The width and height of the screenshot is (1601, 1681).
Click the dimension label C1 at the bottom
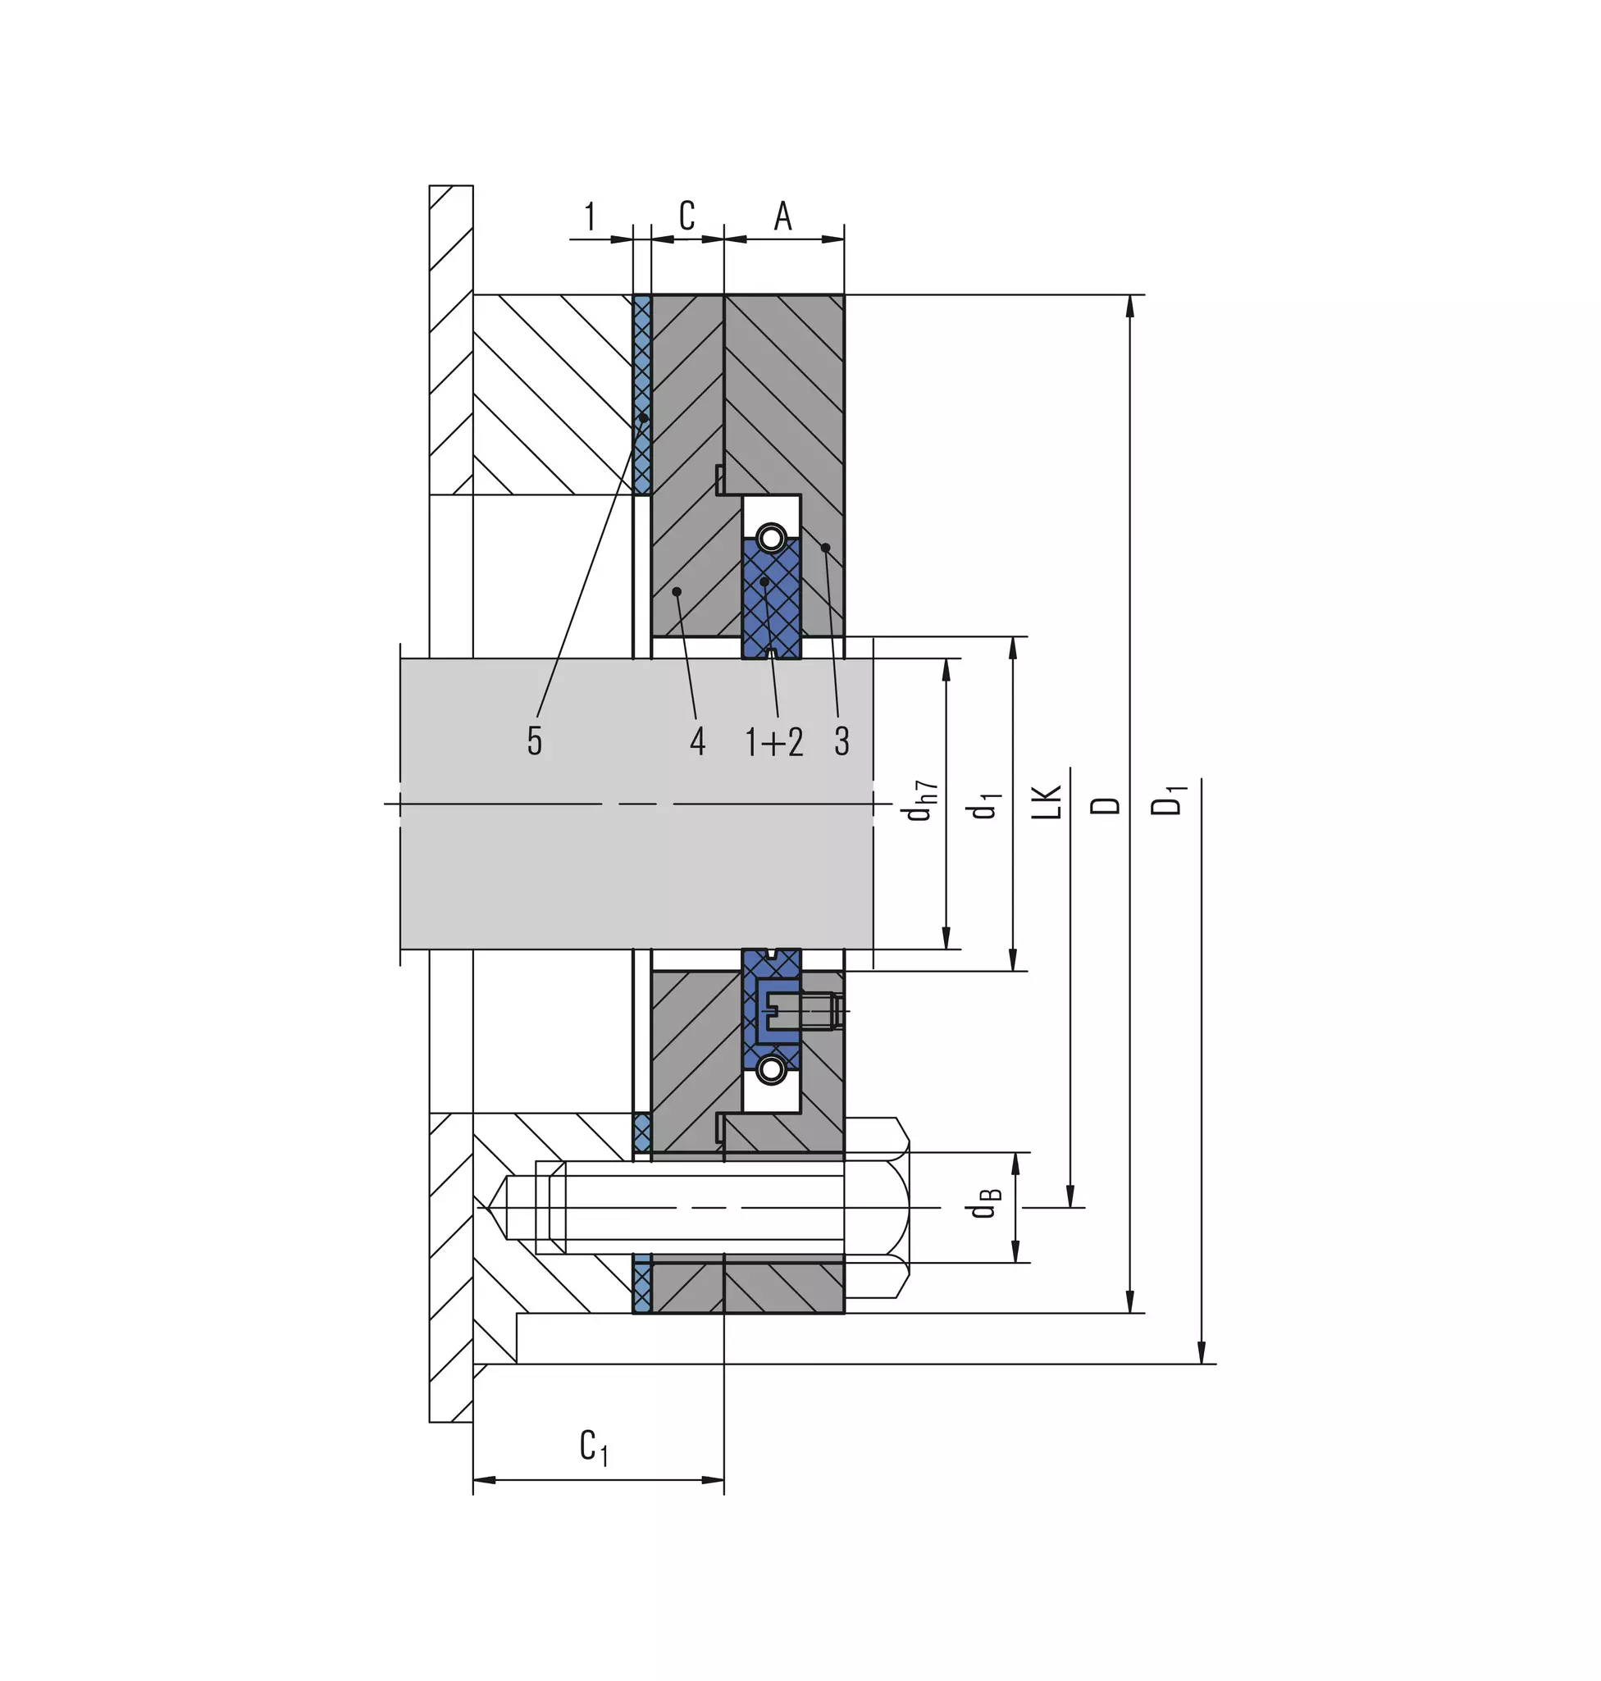tap(594, 1447)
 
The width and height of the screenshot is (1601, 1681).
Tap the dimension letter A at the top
tap(782, 216)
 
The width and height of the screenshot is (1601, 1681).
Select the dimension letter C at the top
tap(687, 216)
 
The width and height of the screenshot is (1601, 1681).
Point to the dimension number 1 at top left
tap(590, 216)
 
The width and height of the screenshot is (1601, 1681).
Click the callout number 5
tap(534, 740)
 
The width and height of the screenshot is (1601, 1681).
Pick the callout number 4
tap(697, 740)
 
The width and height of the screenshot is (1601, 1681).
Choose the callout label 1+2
tap(774, 741)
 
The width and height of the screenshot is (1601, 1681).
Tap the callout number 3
tap(842, 740)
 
